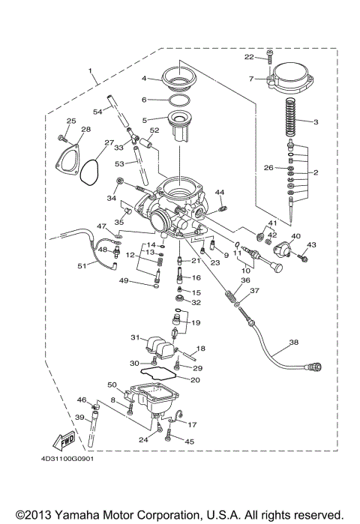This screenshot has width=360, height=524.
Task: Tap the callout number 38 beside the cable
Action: click(293, 342)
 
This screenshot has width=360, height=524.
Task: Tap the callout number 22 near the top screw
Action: click(249, 56)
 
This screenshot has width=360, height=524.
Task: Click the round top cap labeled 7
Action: click(295, 77)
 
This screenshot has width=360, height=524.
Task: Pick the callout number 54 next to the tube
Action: click(97, 112)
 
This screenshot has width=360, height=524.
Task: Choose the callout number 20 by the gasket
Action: click(195, 380)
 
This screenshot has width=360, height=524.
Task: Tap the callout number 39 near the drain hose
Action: click(79, 417)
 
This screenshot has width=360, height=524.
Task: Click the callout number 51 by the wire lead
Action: click(82, 265)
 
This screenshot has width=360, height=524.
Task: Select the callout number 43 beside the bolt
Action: click(312, 245)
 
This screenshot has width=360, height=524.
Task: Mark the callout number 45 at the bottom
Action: click(189, 442)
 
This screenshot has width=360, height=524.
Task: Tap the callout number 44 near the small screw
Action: click(220, 193)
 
